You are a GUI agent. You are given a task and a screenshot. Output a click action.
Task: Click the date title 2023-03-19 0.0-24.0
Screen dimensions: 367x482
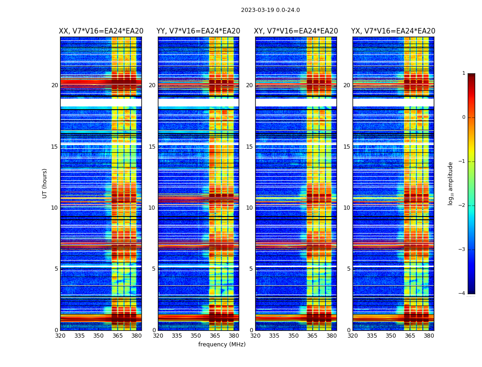point(270,10)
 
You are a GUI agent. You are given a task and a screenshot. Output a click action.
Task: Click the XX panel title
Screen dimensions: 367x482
point(101,31)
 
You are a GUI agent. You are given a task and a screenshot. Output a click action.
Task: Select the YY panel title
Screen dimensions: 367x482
point(198,31)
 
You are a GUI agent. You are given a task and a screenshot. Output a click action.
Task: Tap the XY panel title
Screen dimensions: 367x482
point(296,31)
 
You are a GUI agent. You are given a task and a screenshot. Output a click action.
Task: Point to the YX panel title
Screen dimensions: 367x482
point(393,31)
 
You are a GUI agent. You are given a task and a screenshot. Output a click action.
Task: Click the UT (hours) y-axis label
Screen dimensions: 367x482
point(45,183)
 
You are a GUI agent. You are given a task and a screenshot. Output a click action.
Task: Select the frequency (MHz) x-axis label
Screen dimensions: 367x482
point(222,345)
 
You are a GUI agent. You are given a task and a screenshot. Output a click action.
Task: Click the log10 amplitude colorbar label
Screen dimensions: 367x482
point(451,183)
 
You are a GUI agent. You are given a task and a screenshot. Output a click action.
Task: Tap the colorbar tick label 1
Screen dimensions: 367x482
point(464,73)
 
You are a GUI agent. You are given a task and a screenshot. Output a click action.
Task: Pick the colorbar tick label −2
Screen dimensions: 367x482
point(463,206)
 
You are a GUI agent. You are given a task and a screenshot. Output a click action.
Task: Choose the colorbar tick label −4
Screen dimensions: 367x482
point(463,294)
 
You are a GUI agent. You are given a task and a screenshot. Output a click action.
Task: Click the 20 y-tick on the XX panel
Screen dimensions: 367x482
point(55,85)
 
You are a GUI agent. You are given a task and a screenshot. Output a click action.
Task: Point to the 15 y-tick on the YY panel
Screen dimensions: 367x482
point(152,147)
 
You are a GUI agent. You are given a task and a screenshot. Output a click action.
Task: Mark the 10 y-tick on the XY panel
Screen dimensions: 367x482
point(249,208)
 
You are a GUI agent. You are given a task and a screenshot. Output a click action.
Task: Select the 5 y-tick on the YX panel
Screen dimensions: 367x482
point(348,269)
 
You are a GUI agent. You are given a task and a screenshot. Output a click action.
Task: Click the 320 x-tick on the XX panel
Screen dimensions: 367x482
point(60,336)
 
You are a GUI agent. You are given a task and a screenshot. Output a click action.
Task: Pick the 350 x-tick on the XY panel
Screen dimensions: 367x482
point(293,336)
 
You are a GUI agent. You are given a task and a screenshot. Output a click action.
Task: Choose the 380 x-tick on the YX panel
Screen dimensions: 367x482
point(429,336)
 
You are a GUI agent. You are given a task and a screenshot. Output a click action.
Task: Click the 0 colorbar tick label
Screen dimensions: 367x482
point(464,117)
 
